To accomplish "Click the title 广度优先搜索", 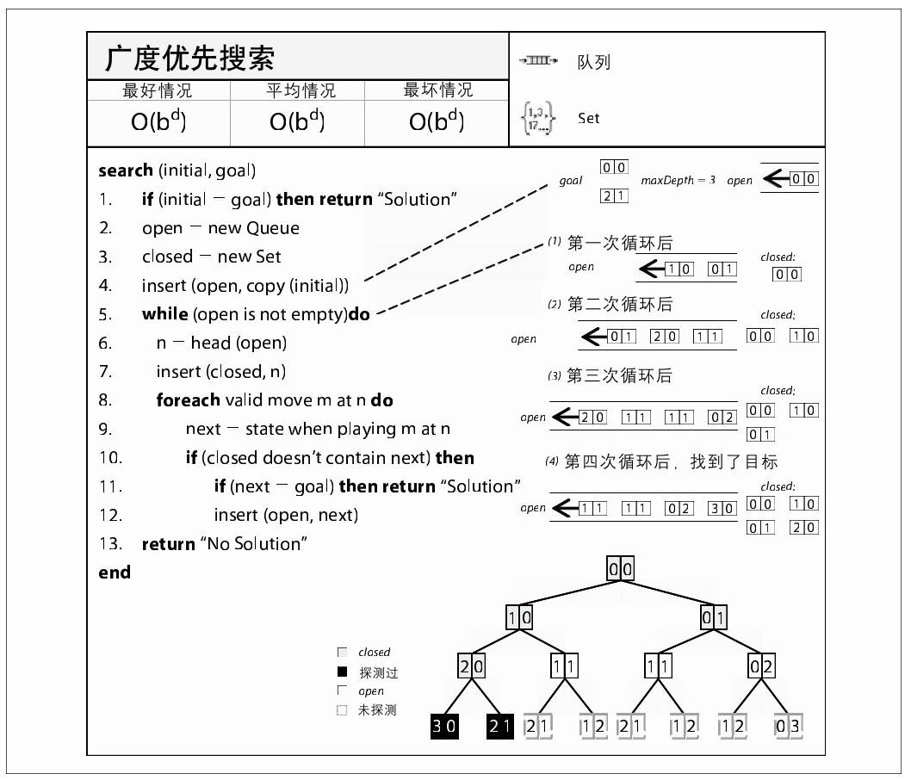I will tap(189, 59).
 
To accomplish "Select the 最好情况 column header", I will tap(158, 90).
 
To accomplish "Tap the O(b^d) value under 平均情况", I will tap(297, 121).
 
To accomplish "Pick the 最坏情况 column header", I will tap(437, 90).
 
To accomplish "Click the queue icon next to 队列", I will tap(538, 61).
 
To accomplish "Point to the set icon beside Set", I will tap(538, 119).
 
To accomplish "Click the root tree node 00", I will tap(621, 569).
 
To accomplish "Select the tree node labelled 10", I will tap(519, 617).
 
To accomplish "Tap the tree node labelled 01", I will tap(714, 617).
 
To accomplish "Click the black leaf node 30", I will tap(444, 726).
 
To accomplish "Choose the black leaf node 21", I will tap(500, 726).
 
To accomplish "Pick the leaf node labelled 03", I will tap(788, 726).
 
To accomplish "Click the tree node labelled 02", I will tap(762, 666).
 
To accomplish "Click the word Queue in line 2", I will tap(273, 228).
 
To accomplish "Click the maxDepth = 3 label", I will tap(678, 181).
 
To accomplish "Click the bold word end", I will tap(115, 573).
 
